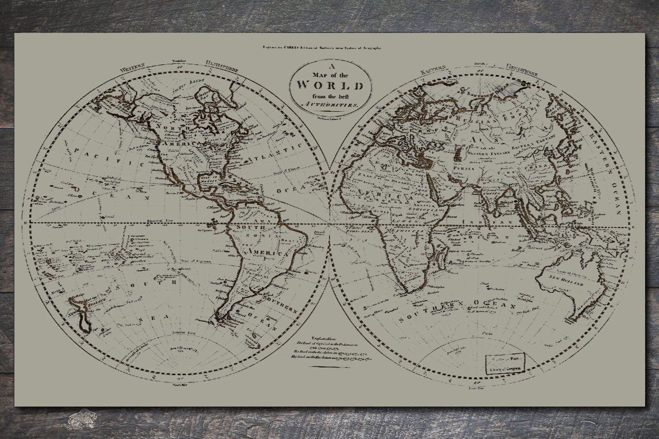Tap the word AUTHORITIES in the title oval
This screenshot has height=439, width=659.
[331, 104]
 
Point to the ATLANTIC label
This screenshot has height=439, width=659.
[275, 152]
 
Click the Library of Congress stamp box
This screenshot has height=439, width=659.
[506, 362]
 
